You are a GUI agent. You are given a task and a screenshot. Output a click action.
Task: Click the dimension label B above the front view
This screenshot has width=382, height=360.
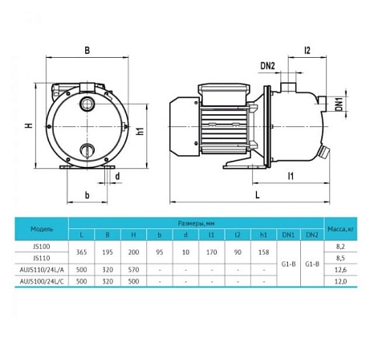click(87, 51)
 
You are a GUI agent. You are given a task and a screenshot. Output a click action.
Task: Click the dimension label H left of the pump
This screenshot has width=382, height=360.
click(27, 125)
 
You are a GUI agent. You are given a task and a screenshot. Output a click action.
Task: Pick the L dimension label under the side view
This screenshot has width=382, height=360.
click(256, 195)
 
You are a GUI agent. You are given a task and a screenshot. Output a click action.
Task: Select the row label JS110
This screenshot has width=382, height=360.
click(41, 258)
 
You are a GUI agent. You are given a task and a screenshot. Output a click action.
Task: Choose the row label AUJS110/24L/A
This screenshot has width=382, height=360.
click(42, 270)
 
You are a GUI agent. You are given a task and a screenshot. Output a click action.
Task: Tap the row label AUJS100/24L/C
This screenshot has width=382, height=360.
click(42, 282)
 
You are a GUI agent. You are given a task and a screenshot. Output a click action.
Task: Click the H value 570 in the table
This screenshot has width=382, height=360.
click(134, 270)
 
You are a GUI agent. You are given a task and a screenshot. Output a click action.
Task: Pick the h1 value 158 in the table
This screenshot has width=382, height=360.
click(263, 252)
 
